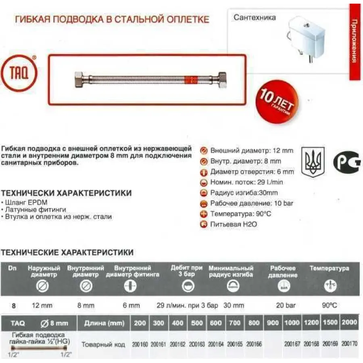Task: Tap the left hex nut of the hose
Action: click(79, 78)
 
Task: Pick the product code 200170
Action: click(350, 344)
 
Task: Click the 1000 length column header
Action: click(292, 323)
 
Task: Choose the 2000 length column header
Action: click(349, 323)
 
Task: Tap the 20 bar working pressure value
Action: click(285, 306)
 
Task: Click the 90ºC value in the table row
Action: click(329, 305)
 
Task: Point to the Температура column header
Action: click(329, 268)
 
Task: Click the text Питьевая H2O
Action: click(234, 224)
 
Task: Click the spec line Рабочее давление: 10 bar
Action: click(252, 203)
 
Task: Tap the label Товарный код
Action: click(103, 345)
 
